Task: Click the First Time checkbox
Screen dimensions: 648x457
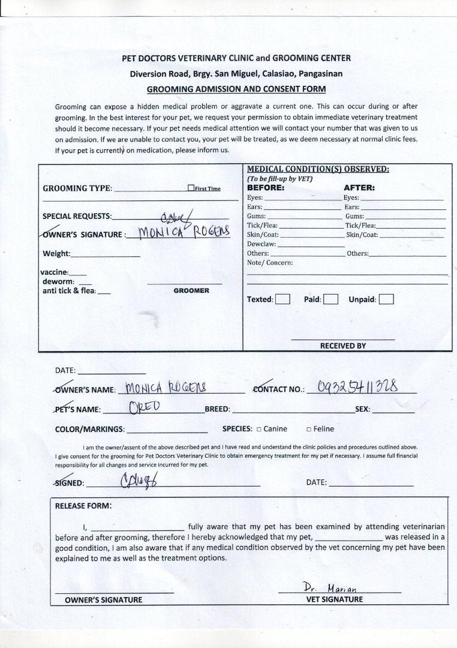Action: (x=191, y=188)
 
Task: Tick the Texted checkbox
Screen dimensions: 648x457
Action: (x=283, y=299)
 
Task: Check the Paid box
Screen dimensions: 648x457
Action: (x=330, y=299)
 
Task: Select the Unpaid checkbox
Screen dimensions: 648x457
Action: (x=386, y=299)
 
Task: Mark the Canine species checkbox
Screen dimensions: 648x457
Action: (x=258, y=429)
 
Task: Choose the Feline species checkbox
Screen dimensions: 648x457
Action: (x=308, y=429)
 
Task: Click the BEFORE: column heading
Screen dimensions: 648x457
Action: (x=266, y=187)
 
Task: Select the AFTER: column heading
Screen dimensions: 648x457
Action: (x=359, y=187)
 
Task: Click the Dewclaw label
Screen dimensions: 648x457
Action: (x=261, y=244)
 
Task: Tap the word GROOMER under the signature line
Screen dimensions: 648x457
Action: (x=191, y=290)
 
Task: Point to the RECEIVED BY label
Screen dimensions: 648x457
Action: (x=342, y=346)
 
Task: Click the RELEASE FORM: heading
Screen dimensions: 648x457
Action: (x=83, y=505)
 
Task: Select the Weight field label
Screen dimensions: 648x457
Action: (x=56, y=253)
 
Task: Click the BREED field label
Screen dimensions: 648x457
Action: (x=217, y=409)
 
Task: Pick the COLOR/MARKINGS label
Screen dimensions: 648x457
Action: (x=90, y=429)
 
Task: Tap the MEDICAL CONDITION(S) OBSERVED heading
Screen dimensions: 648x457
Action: (x=318, y=169)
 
